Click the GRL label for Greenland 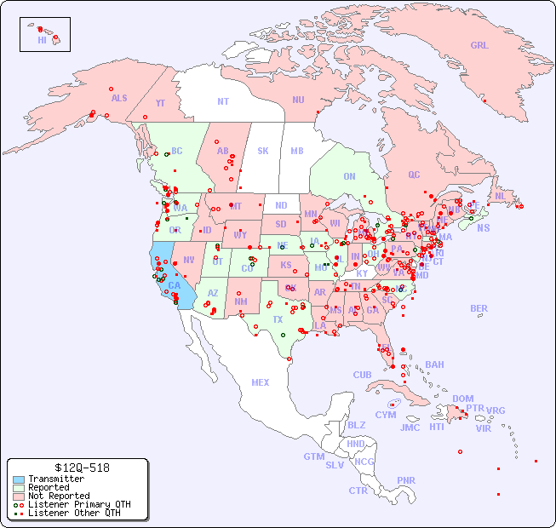479,46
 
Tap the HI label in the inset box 42,40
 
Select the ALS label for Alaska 119,98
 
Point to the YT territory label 160,103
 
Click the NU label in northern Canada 298,100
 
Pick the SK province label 263,151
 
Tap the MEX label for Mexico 261,382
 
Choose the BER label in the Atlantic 479,308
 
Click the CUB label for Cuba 362,375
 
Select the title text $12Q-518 78,468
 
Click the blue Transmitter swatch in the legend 19,479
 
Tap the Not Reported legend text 59,496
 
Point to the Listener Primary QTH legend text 79,504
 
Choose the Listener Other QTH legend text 74,513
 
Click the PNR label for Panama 406,480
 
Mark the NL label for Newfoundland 500,196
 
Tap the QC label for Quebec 414,175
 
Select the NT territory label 223,100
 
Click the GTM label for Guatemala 313,456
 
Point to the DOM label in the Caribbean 462,399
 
